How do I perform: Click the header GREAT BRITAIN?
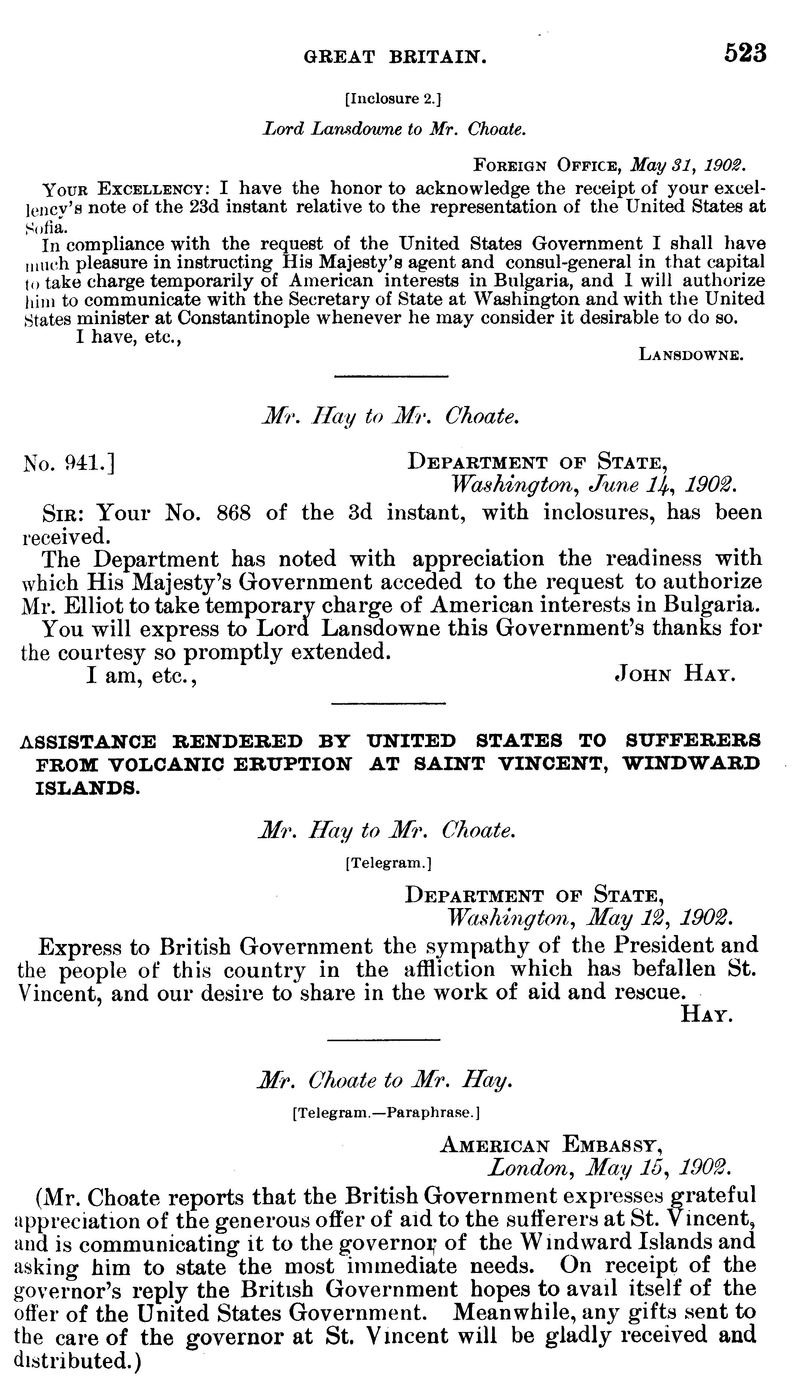[x=395, y=57]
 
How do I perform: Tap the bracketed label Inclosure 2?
[x=393, y=99]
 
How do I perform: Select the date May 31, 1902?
[x=688, y=164]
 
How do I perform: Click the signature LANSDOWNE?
[x=691, y=355]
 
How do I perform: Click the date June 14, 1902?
[x=662, y=485]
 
